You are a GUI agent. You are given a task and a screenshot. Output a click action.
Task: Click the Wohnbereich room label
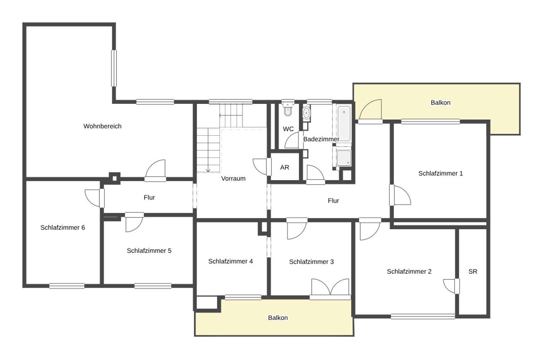(102, 126)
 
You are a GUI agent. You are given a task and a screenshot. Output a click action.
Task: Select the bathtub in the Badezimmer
(344, 123)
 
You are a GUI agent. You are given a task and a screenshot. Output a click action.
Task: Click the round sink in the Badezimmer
(306, 113)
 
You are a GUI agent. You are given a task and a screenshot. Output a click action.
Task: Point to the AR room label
(285, 167)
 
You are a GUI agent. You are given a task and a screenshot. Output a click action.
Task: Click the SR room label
(473, 271)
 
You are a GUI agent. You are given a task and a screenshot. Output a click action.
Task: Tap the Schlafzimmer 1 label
(441, 173)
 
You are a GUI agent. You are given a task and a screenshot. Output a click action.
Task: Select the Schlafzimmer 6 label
(63, 228)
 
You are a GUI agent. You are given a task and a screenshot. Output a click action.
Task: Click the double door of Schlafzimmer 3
(330, 287)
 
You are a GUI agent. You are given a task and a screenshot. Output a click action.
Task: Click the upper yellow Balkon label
(441, 103)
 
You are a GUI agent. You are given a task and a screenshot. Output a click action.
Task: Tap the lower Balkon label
(278, 318)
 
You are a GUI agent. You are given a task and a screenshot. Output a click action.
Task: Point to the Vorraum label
(233, 178)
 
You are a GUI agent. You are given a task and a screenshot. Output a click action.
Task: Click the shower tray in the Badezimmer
(344, 158)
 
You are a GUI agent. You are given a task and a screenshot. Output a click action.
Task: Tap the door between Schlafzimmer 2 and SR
(450, 286)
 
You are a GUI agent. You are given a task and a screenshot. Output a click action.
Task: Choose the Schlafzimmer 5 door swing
(134, 223)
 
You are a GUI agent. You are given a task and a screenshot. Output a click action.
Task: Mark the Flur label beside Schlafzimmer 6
(149, 197)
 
